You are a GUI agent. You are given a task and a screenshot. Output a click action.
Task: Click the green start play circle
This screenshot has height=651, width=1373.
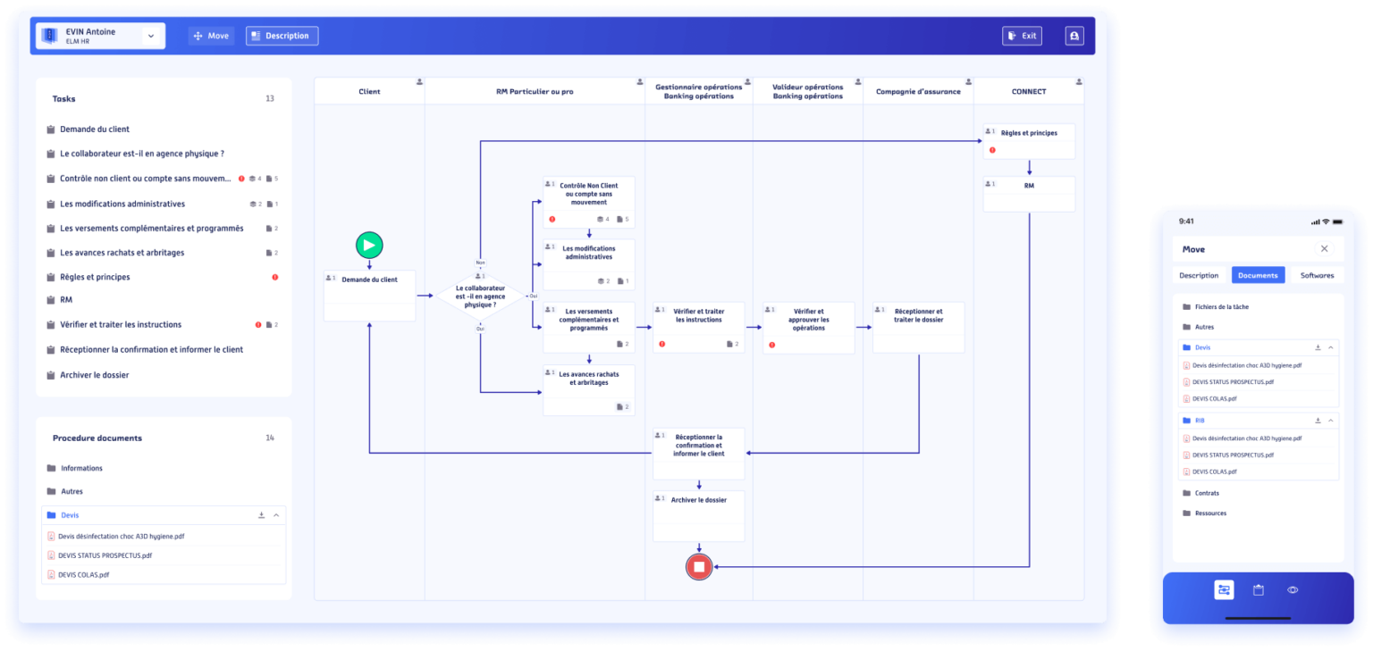pyautogui.click(x=369, y=245)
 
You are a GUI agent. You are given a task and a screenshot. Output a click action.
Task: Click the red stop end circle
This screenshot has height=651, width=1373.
pyautogui.click(x=699, y=566)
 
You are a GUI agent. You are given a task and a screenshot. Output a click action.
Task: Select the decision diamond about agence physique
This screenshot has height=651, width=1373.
pyautogui.click(x=480, y=296)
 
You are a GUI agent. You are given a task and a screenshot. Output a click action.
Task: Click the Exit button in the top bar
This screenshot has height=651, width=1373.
pyautogui.click(x=1022, y=36)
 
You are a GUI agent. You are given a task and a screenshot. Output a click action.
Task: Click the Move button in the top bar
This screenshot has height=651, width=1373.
pyautogui.click(x=211, y=36)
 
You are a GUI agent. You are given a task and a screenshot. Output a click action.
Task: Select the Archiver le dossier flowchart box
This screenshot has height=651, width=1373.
pyautogui.click(x=698, y=515)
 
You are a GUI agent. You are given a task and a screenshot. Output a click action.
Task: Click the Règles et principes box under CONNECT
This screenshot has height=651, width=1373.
pyautogui.click(x=1029, y=141)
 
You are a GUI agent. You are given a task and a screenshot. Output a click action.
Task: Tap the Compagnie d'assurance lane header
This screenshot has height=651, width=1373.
pyautogui.click(x=918, y=91)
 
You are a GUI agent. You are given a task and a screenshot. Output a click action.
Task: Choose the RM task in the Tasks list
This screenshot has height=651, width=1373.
pyautogui.click(x=66, y=300)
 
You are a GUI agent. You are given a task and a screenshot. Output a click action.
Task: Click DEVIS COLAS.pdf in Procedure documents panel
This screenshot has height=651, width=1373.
pyautogui.click(x=83, y=575)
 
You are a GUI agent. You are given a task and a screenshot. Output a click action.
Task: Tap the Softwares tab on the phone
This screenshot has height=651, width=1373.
pyautogui.click(x=1317, y=275)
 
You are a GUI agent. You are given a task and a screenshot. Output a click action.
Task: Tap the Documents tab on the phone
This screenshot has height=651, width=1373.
pyautogui.click(x=1258, y=275)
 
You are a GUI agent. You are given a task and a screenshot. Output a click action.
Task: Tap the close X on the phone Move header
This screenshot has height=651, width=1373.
pyautogui.click(x=1324, y=249)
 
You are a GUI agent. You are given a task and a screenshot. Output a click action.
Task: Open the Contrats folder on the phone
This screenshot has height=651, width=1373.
pyautogui.click(x=1206, y=493)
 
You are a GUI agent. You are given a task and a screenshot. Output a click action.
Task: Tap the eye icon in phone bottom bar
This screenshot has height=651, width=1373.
pyautogui.click(x=1293, y=589)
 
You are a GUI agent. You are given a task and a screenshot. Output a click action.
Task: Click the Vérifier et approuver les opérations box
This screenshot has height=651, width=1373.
pyautogui.click(x=808, y=327)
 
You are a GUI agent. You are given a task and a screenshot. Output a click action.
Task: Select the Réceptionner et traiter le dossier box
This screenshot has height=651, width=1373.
pyautogui.click(x=918, y=327)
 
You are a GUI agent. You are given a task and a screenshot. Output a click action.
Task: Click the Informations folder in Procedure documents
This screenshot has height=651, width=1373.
pyautogui.click(x=80, y=468)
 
